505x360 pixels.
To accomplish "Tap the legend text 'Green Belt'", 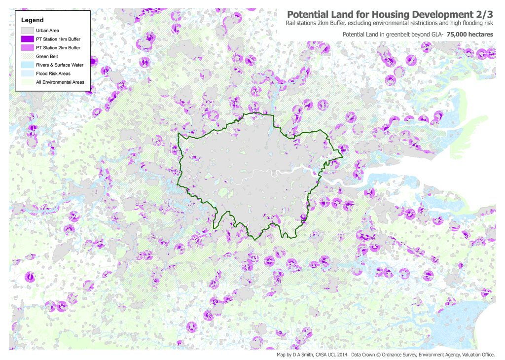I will coord(47,56).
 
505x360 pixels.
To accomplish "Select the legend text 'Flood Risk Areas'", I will coord(53,73).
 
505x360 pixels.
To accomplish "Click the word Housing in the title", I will coord(378,14).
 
